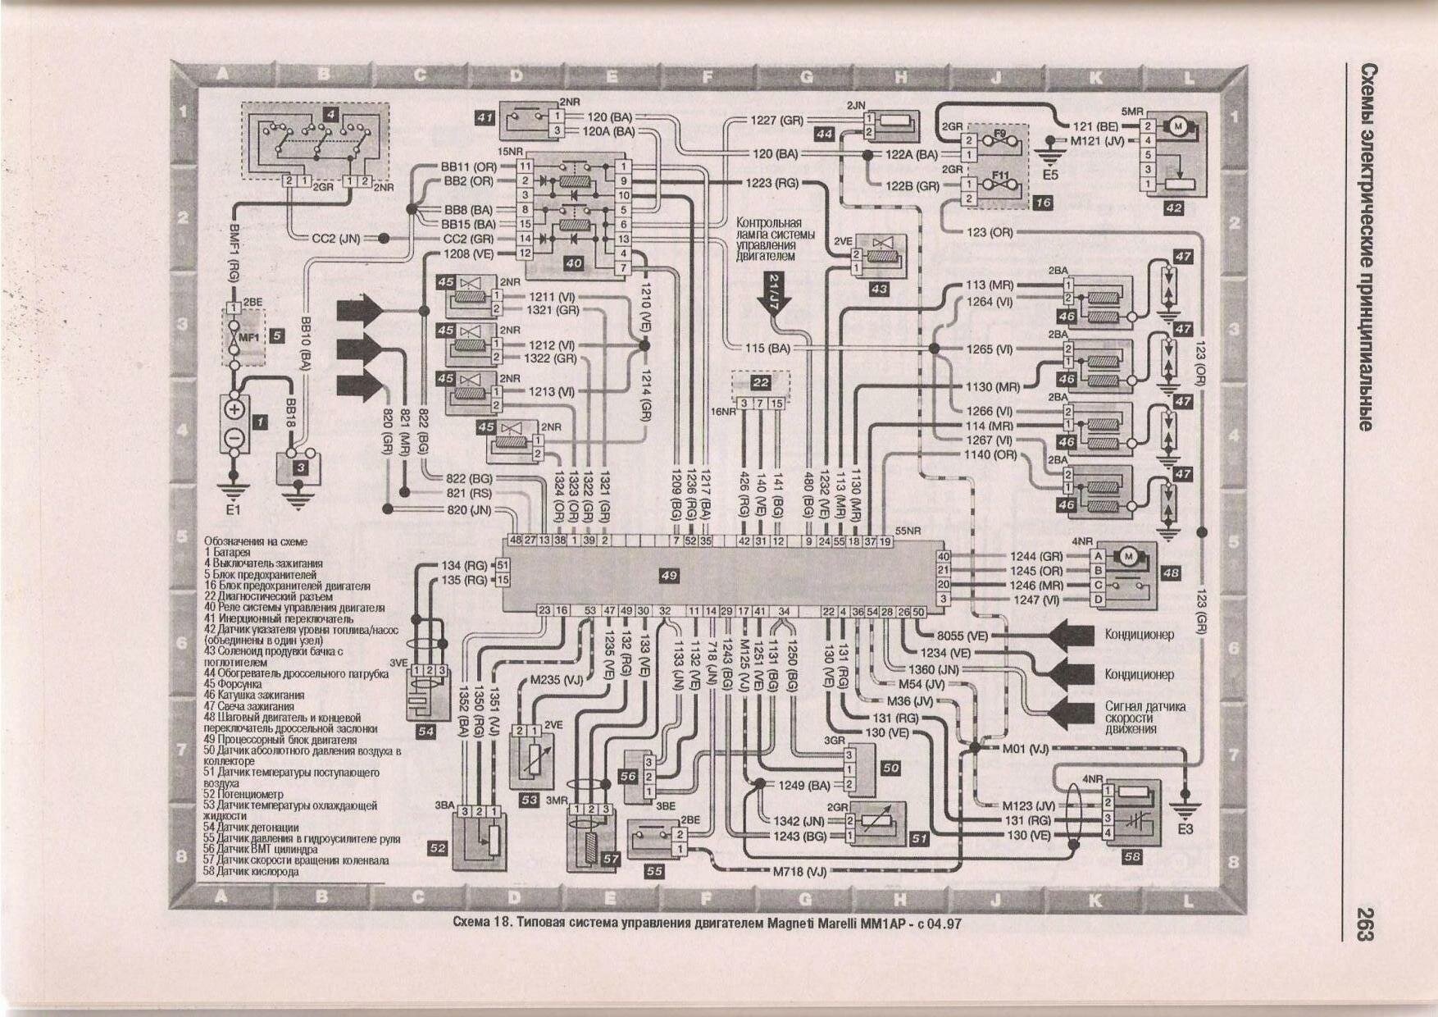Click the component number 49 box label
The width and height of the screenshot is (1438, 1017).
click(669, 577)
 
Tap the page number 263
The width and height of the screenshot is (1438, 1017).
click(1364, 923)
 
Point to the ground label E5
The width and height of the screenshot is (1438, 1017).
click(1050, 174)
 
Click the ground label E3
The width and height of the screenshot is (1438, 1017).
click(1185, 828)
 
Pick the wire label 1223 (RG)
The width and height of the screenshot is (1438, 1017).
click(771, 184)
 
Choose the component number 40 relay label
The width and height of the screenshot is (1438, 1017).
click(574, 263)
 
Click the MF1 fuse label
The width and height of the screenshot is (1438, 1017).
click(248, 336)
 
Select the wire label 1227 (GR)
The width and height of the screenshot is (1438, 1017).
click(776, 121)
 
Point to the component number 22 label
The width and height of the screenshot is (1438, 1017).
click(761, 382)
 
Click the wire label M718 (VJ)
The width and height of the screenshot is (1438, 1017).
click(799, 871)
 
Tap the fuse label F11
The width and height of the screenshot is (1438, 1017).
click(1000, 176)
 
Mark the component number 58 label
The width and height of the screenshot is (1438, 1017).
click(1131, 857)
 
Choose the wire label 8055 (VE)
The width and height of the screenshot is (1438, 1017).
click(963, 636)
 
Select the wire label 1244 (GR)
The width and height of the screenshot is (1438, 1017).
click(1036, 555)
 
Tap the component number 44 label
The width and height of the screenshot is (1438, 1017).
click(824, 133)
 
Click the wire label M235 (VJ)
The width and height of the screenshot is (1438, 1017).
click(556, 679)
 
